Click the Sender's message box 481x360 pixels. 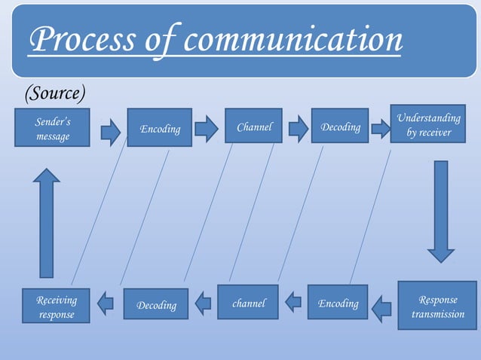[53, 129]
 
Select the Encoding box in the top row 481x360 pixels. [159, 128]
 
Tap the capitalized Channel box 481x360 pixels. [253, 127]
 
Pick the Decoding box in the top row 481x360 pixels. [340, 127]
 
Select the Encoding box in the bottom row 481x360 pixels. [338, 303]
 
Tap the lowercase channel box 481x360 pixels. [248, 303]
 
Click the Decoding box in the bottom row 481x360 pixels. [156, 304]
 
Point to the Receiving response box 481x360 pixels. [56, 306]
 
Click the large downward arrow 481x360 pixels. [441, 211]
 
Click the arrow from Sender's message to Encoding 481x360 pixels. [111, 131]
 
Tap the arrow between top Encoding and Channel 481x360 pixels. [206, 128]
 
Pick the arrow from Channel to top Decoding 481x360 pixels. [299, 128]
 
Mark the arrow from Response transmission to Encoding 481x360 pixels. [381, 306]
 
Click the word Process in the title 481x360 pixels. [83, 40]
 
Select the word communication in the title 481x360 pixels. [293, 40]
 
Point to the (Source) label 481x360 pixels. [55, 93]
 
